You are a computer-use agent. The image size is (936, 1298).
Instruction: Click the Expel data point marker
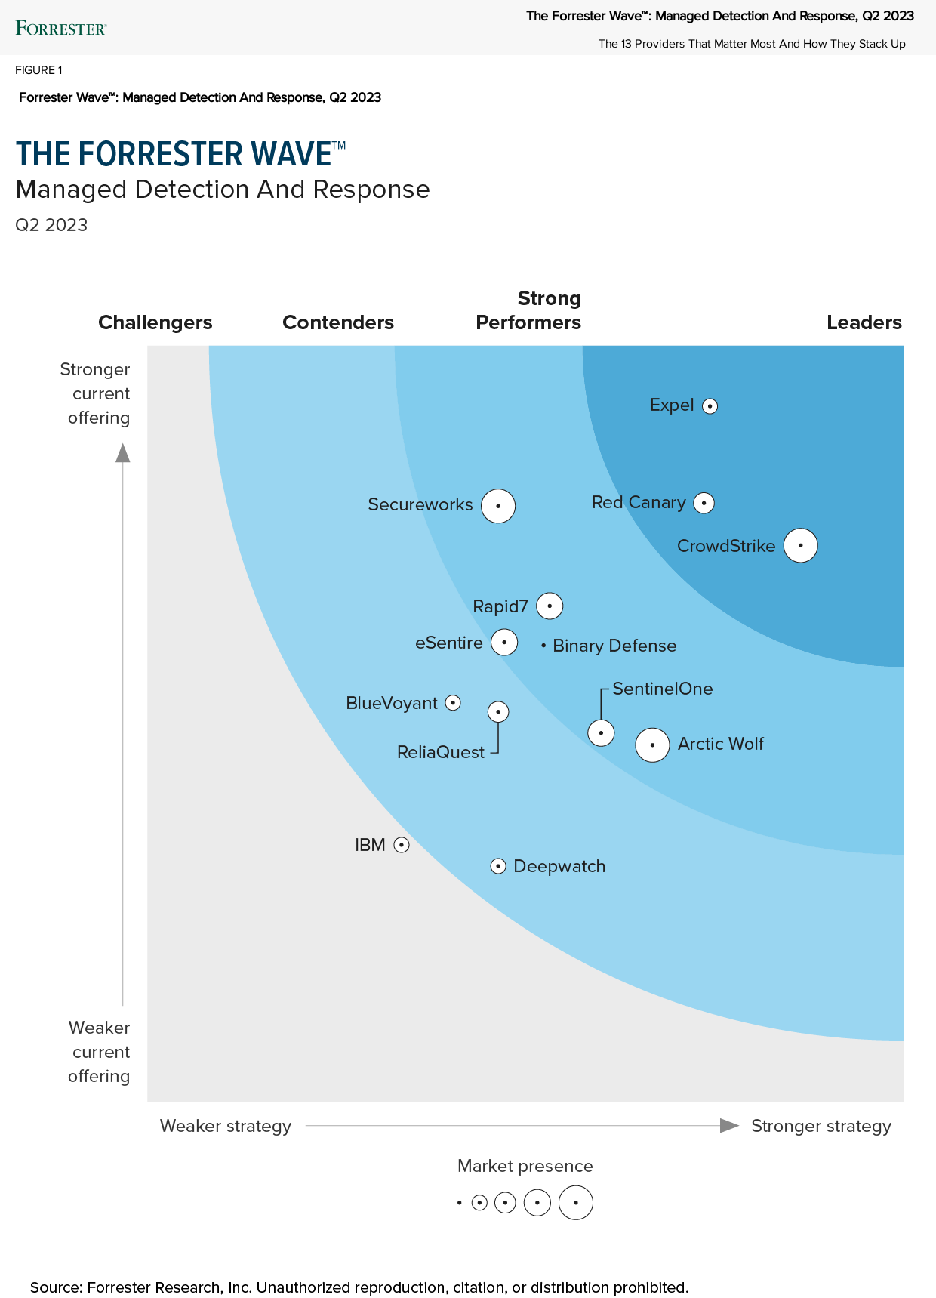[710, 406]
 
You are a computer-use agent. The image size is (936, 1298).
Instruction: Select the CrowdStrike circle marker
[800, 545]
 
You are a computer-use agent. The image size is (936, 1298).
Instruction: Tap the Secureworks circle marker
[498, 506]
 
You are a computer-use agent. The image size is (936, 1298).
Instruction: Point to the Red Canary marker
[704, 503]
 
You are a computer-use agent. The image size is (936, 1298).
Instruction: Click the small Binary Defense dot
[543, 646]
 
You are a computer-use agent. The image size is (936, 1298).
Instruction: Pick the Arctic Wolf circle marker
[652, 745]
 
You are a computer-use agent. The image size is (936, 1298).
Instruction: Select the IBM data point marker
[402, 845]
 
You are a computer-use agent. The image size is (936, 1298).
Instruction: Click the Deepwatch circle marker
[498, 866]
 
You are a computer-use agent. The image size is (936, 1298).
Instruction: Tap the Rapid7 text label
[500, 606]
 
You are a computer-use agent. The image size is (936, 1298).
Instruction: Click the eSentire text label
[448, 643]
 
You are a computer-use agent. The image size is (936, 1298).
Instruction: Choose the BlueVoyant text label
[391, 703]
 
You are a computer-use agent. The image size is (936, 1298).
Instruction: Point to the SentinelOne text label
[662, 689]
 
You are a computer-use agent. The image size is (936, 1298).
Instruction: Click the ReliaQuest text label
[441, 752]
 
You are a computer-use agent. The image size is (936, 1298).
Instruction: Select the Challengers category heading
[155, 322]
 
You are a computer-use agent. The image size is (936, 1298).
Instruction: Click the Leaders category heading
[864, 322]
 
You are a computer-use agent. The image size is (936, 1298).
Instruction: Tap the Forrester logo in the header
[61, 29]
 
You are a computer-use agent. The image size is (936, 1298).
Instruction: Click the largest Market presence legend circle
[575, 1203]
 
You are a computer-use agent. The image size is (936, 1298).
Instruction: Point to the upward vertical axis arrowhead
[122, 453]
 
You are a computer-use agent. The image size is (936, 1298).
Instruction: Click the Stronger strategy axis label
[821, 1126]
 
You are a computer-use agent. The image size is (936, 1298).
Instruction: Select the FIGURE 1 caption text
[38, 70]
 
